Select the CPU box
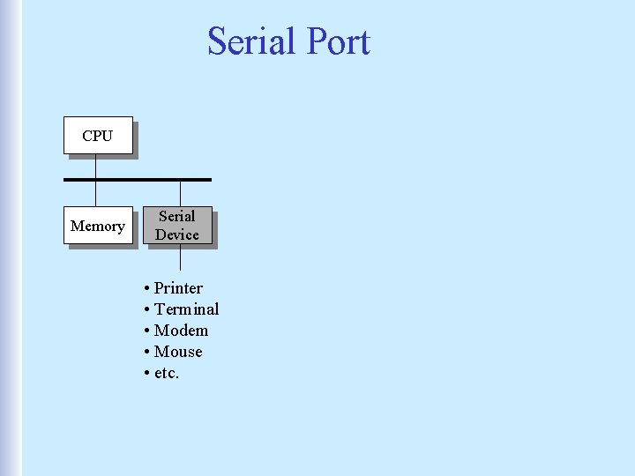click(98, 136)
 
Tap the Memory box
click(98, 226)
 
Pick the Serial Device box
click(177, 226)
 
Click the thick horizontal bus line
click(138, 180)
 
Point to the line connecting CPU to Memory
click(95, 193)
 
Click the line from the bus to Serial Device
click(180, 193)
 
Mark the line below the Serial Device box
click(180, 257)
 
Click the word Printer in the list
click(178, 288)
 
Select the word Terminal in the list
click(186, 309)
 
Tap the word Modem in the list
click(181, 331)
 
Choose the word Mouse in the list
click(178, 352)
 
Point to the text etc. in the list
click(167, 373)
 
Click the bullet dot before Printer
click(146, 289)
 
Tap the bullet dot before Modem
click(146, 331)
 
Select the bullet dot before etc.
click(146, 374)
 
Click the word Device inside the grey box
click(177, 234)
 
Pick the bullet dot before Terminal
click(146, 310)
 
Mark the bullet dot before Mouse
click(146, 353)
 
